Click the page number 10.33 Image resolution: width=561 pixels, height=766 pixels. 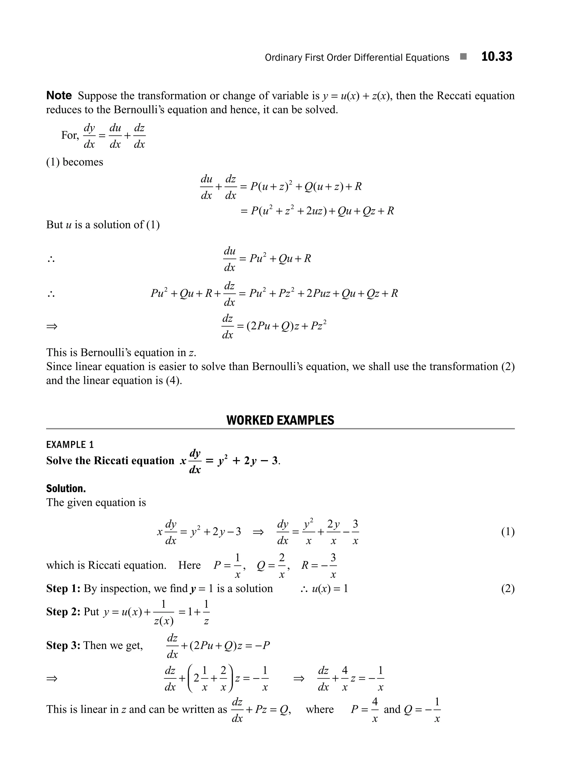[x=496, y=57]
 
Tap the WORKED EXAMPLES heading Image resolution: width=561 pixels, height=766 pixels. [x=280, y=420]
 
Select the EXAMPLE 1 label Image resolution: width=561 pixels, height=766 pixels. [x=70, y=445]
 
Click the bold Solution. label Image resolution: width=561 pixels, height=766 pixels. [x=66, y=489]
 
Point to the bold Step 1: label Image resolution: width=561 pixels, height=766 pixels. [x=63, y=589]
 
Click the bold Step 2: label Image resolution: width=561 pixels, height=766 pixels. [x=63, y=612]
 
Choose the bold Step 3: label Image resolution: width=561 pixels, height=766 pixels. [x=63, y=645]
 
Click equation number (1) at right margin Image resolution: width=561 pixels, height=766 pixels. [x=508, y=532]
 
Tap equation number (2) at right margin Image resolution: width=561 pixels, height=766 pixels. [x=508, y=589]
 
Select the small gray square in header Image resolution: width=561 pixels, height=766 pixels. [x=463, y=57]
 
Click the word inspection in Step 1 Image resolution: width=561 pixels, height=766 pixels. [x=125, y=589]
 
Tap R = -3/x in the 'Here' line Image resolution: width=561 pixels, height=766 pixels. [x=319, y=565]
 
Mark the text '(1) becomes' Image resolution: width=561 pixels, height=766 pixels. [x=74, y=162]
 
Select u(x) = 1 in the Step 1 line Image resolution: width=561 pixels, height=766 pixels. [x=330, y=589]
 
